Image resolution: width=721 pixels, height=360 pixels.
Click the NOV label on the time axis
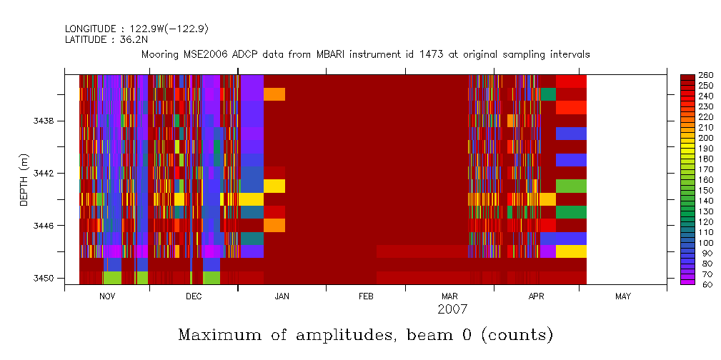(x=106, y=296)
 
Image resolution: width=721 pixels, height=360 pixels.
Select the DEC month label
(x=193, y=296)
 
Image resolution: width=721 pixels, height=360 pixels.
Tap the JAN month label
(x=282, y=296)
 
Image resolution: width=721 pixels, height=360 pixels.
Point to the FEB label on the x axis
(x=366, y=296)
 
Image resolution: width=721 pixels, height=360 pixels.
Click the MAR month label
(x=449, y=296)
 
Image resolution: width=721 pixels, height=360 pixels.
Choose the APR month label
(x=537, y=296)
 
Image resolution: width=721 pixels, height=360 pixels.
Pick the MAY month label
(x=622, y=296)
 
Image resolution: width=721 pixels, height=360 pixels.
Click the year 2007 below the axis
(x=452, y=309)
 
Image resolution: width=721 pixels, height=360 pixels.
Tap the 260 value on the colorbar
(x=705, y=75)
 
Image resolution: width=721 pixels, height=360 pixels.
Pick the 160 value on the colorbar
(x=705, y=180)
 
